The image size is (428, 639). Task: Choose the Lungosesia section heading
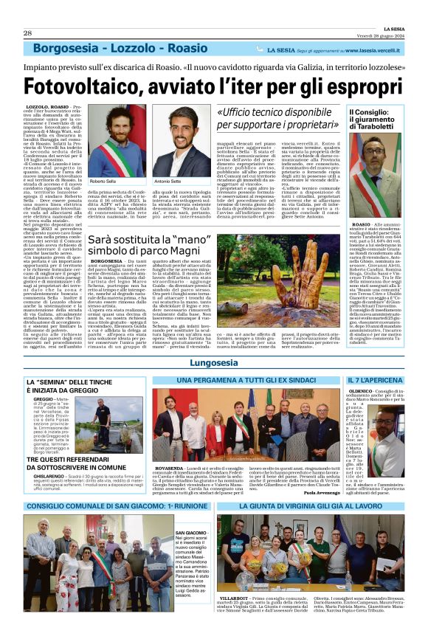[x=213, y=363]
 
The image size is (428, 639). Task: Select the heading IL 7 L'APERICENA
[x=374, y=379]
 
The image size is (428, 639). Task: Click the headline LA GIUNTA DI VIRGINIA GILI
[x=310, y=505]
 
